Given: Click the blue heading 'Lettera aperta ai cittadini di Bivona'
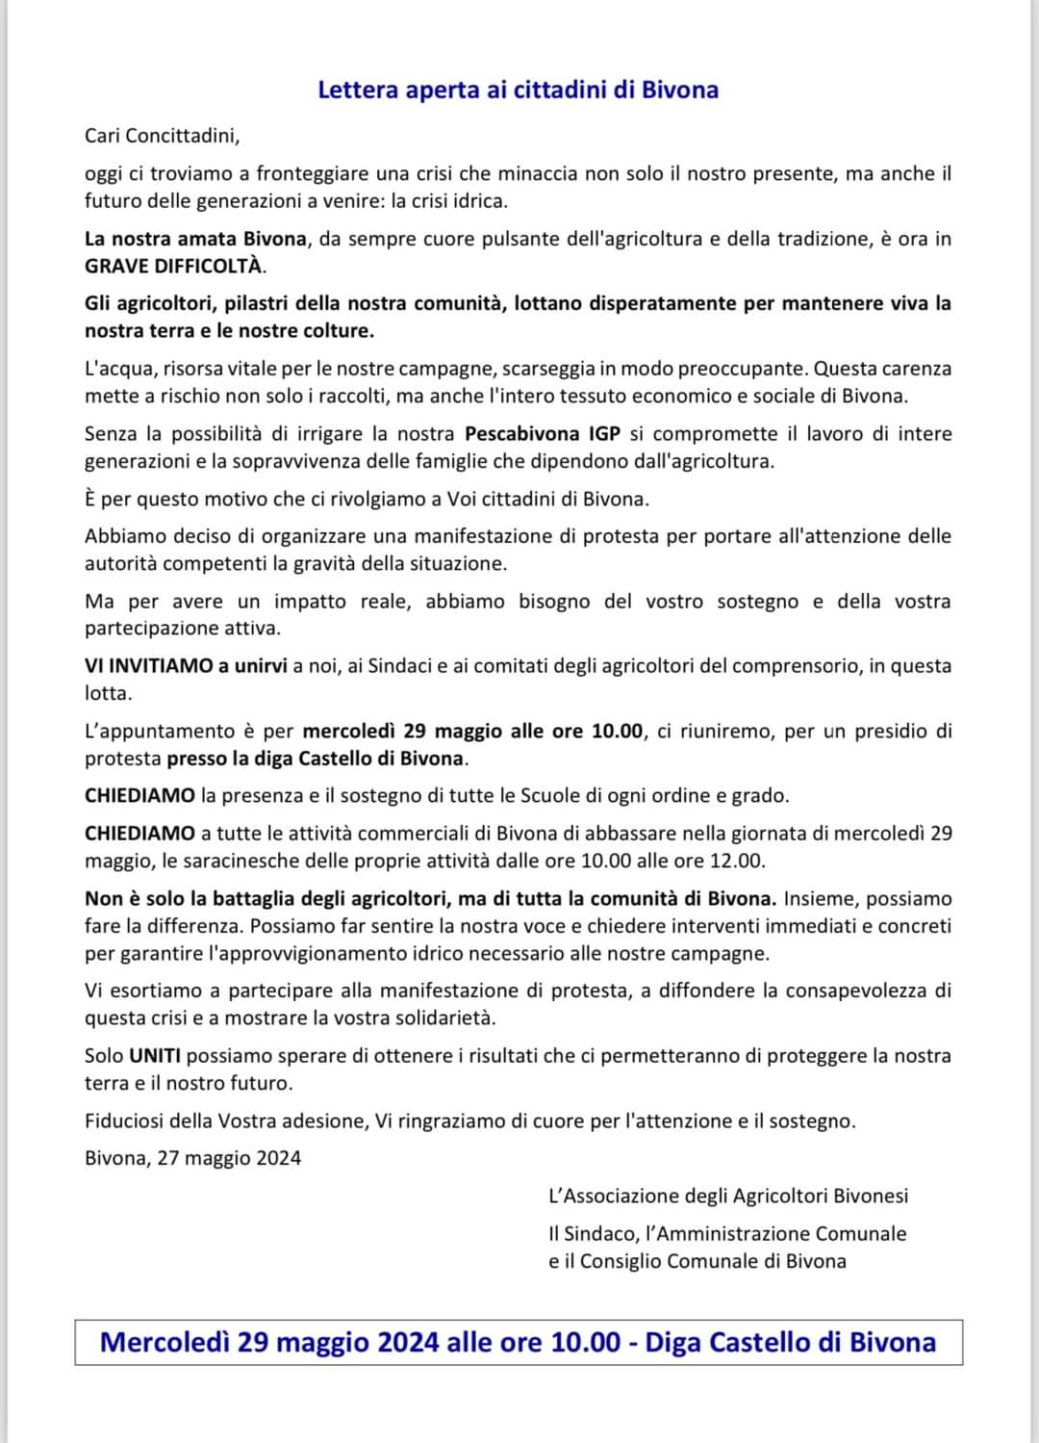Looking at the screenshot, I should point(518,90).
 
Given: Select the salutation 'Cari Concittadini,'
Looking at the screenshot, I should point(162,136).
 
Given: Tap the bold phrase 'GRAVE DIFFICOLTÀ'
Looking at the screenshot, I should point(174,266).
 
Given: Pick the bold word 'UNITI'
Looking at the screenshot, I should point(155,1055).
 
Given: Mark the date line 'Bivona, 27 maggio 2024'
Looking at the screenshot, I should point(192,1158).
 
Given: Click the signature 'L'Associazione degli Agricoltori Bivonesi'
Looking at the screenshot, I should point(728,1196).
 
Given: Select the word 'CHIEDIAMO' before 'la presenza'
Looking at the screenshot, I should point(139,795).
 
